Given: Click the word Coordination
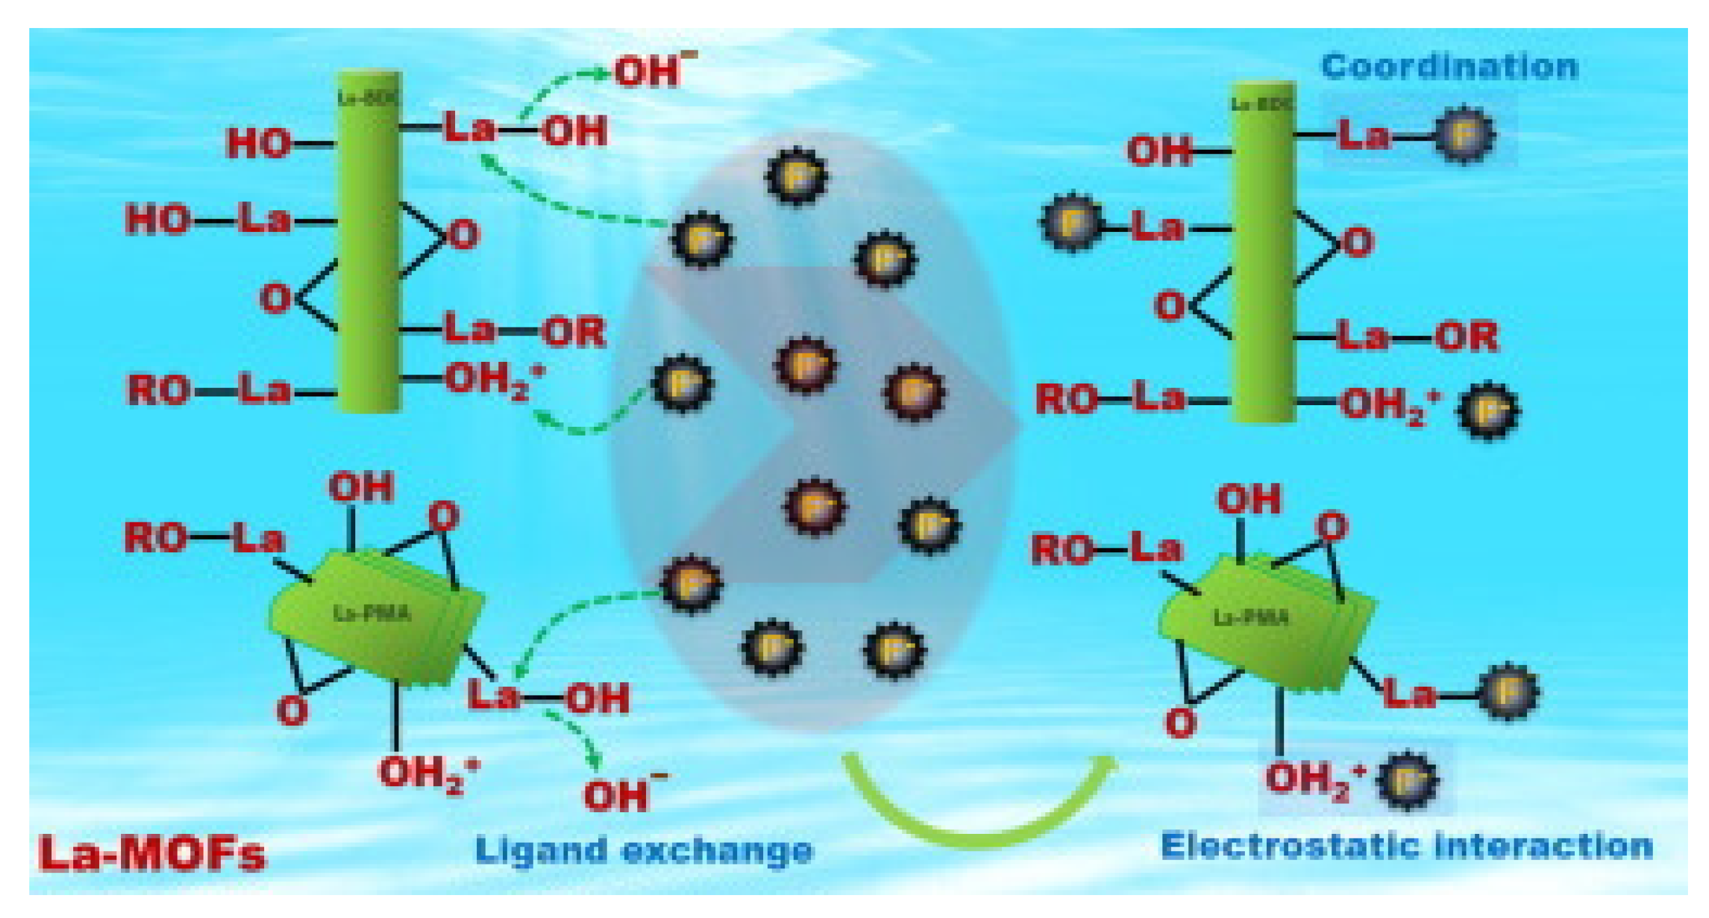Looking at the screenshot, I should (x=1449, y=67).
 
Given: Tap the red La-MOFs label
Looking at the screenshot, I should (x=152, y=853).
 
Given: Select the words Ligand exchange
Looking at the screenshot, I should (x=644, y=850).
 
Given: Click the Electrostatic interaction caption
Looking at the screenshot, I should (x=1407, y=846).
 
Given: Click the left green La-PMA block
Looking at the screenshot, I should (x=375, y=617).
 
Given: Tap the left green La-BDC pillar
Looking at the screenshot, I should (x=369, y=242).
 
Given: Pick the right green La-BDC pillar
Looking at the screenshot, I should (x=1263, y=252).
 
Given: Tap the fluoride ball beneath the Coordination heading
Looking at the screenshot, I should (x=1464, y=135).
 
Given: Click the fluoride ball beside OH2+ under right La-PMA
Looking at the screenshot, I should (x=1408, y=780).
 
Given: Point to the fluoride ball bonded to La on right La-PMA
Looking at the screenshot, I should (x=1507, y=692).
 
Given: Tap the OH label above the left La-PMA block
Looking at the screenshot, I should (x=361, y=488).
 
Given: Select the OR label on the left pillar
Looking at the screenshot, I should (x=574, y=332).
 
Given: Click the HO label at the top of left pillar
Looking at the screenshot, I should (x=259, y=143).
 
